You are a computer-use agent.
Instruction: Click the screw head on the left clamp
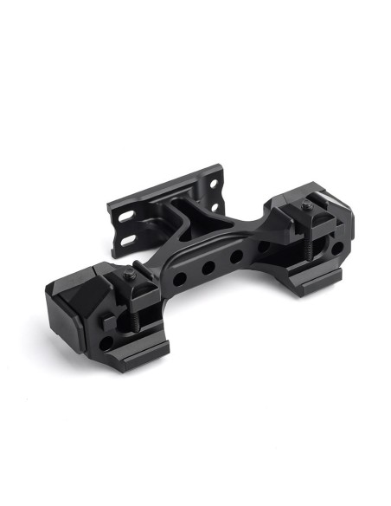tap(129, 275)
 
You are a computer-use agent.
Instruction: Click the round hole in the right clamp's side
tap(336, 249)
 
